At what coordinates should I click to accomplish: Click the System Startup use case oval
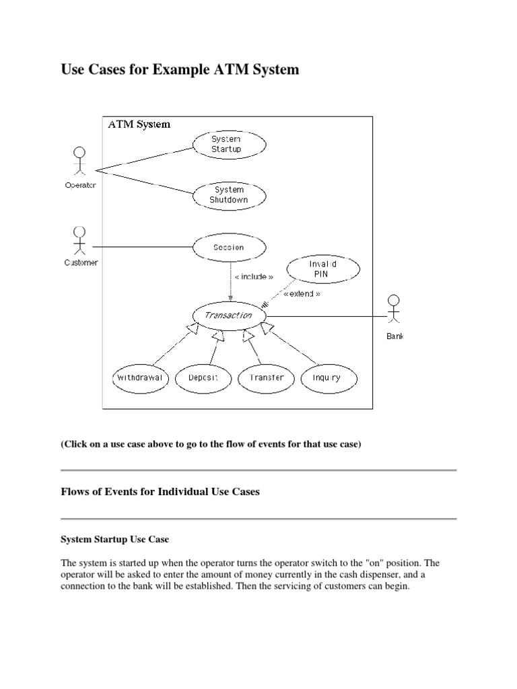coord(229,144)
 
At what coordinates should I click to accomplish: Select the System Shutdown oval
coord(229,195)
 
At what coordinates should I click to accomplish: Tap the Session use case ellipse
coord(229,247)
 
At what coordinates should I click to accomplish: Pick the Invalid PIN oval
coord(322,269)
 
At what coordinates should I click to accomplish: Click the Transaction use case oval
coord(229,316)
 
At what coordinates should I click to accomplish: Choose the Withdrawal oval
coord(139,377)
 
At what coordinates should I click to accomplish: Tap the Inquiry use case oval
coord(326,377)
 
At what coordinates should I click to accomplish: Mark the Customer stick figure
coord(80,240)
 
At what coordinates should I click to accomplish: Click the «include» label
coord(253,277)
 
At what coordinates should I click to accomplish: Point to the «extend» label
coord(302,294)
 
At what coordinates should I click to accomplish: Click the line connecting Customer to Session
coord(141,247)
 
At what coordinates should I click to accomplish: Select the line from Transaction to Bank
coord(323,316)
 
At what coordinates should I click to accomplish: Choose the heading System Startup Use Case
coord(115,540)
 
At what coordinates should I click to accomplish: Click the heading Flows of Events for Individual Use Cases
coord(160,492)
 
